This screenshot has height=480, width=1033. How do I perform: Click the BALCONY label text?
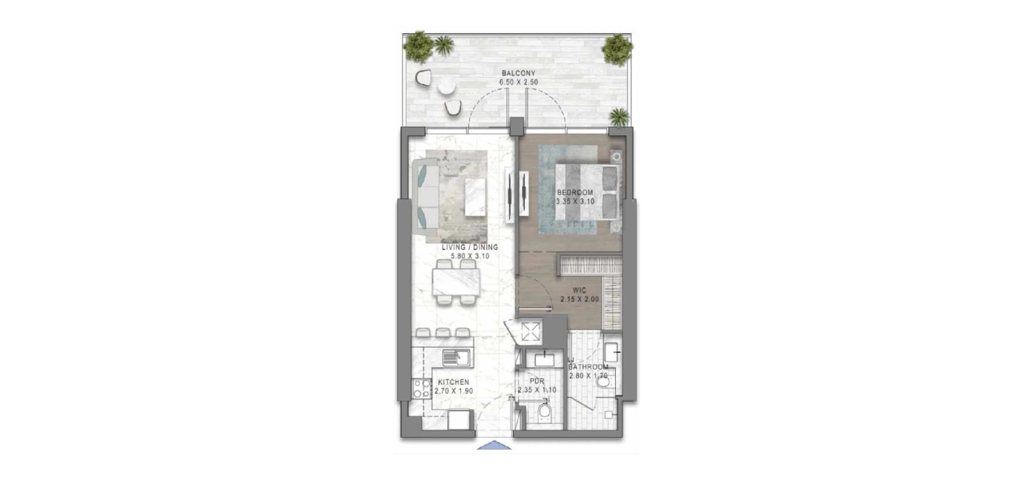[518, 73]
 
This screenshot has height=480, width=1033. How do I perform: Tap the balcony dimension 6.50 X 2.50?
[518, 82]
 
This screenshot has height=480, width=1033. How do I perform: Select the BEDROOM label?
[575, 192]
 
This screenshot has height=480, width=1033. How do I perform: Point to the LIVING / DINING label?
[470, 247]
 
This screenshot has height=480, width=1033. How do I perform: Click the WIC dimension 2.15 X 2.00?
[579, 300]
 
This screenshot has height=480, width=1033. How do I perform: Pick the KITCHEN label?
[453, 382]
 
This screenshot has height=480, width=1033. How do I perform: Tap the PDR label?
[537, 381]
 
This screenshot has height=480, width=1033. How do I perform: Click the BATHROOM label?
[588, 367]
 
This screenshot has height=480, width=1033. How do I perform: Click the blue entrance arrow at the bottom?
[494, 445]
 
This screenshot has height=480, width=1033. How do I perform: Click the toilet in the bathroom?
[605, 382]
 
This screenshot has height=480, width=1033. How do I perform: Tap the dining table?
[456, 282]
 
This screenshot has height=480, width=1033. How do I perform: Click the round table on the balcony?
[447, 86]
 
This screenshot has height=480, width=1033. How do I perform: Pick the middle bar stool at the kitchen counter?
[443, 332]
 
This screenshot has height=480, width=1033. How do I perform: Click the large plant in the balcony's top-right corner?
[617, 49]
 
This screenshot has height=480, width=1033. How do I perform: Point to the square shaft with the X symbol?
[529, 332]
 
